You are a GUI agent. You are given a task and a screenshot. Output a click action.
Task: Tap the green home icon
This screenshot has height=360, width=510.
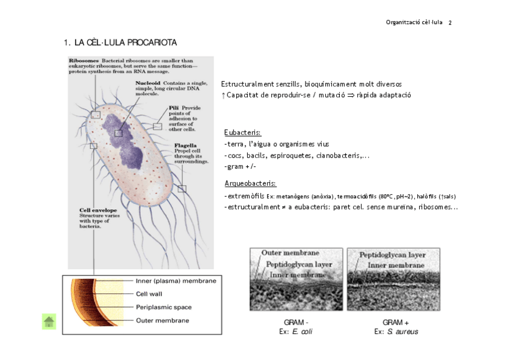(49, 322)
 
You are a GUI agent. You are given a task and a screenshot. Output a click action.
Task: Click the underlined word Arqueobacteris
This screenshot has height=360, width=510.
(250, 183)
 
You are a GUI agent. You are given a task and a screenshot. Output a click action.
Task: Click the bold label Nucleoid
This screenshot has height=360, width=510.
(148, 82)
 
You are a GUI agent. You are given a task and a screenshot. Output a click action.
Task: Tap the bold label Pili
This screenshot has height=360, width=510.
(174, 108)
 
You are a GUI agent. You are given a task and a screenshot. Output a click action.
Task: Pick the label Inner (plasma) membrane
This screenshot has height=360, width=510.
(176, 281)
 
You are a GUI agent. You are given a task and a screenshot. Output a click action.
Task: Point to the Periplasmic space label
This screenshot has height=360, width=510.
(164, 307)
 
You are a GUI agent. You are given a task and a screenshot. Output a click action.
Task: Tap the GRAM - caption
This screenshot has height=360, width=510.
(296, 322)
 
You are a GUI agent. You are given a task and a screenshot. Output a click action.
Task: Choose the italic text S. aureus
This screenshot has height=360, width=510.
(402, 332)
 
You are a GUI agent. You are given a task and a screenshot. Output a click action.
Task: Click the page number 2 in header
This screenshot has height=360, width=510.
(450, 23)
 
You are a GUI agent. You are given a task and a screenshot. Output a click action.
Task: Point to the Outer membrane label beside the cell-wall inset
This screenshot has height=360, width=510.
(162, 320)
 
